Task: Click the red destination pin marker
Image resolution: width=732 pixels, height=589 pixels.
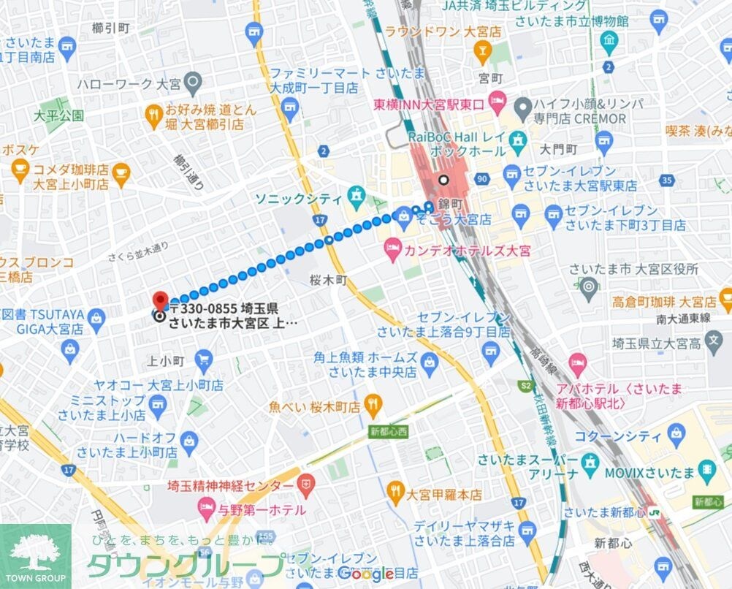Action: point(160,300)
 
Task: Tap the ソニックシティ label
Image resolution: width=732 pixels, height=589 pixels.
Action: point(298,199)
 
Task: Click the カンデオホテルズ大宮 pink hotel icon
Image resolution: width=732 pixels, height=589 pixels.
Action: point(393,250)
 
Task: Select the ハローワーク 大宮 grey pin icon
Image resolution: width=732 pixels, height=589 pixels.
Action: point(192,83)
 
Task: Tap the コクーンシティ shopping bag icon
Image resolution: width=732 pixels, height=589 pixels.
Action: point(676,436)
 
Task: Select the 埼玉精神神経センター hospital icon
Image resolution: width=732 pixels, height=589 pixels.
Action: point(306,484)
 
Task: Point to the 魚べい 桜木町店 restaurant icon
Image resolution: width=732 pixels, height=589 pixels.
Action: point(373,403)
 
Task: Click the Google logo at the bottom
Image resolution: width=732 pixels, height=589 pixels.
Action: point(366,574)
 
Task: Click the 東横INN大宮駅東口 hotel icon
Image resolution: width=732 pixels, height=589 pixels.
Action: point(497,100)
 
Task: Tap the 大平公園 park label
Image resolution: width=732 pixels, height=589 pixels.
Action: point(58,115)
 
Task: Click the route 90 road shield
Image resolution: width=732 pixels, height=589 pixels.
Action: point(481,178)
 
